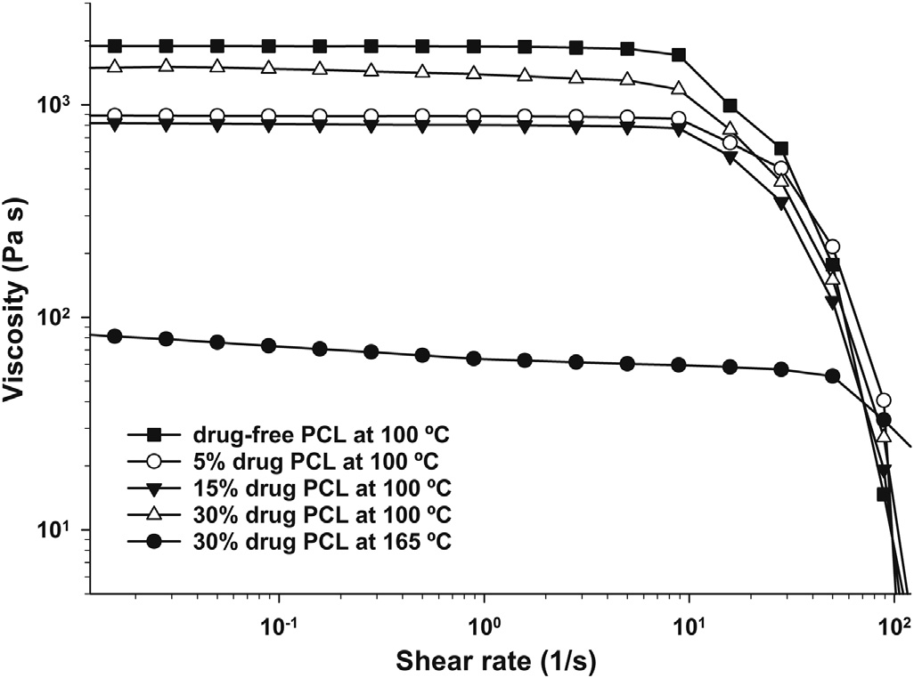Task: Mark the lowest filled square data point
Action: (884, 494)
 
